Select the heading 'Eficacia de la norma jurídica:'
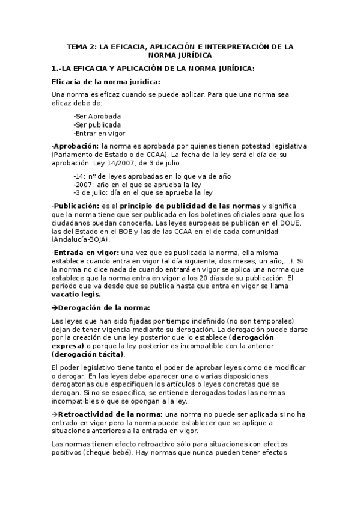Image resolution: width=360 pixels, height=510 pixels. (106, 82)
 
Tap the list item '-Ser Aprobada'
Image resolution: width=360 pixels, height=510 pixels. (97, 115)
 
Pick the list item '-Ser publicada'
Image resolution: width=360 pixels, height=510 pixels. (97, 124)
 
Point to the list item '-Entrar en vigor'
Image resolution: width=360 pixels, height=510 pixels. (99, 133)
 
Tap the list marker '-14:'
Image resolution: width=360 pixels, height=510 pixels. (80, 176)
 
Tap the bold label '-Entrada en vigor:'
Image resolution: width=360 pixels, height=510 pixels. (85, 253)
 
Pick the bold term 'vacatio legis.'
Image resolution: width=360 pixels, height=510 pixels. (76, 295)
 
